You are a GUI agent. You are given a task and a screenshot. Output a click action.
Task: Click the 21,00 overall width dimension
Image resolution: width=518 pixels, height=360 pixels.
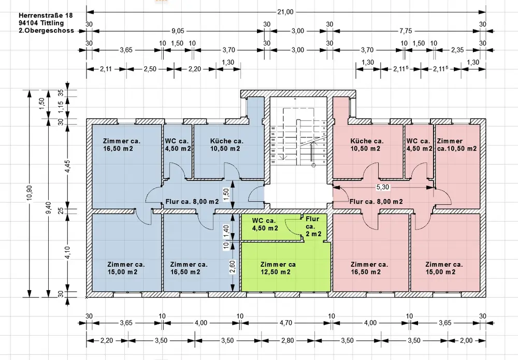(x=285, y=12)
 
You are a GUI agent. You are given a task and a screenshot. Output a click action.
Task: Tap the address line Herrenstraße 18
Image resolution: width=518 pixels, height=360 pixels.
(x=46, y=15)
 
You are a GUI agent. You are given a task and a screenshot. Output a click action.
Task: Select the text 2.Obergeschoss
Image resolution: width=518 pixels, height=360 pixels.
(x=46, y=31)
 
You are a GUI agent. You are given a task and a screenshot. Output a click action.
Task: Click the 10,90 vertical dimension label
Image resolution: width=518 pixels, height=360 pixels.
(x=30, y=193)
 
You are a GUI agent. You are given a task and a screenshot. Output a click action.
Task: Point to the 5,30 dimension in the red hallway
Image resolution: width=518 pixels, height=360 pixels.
(x=383, y=187)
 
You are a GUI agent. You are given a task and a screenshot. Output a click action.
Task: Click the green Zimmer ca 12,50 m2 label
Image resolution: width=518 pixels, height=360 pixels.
(x=278, y=268)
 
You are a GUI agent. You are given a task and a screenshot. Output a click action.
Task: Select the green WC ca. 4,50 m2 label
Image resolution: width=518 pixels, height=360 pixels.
(x=265, y=224)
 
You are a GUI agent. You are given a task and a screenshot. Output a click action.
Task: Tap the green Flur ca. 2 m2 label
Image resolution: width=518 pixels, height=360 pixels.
(x=313, y=226)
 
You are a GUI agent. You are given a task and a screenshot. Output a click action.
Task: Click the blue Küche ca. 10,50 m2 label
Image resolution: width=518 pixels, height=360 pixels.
(x=227, y=145)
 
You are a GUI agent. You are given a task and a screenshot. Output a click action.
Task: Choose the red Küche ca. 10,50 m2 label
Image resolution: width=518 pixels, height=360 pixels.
(x=367, y=145)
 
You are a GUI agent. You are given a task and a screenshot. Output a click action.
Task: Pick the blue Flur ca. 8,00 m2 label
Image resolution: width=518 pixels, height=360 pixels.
(x=192, y=201)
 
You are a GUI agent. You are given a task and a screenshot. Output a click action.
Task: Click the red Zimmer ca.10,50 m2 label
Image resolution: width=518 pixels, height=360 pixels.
(x=456, y=145)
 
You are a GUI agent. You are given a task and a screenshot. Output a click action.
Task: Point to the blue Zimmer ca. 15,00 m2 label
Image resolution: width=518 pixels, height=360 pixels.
(x=126, y=268)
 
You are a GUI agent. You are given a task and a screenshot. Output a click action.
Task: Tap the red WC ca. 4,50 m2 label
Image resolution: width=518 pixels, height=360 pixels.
(x=419, y=145)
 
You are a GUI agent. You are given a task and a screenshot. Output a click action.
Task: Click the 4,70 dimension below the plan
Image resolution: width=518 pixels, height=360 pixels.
(x=286, y=323)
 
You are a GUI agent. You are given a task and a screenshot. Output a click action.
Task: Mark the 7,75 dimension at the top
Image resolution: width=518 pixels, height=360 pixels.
(x=406, y=31)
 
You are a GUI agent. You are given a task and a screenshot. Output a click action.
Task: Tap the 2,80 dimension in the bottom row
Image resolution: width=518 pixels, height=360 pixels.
(x=287, y=340)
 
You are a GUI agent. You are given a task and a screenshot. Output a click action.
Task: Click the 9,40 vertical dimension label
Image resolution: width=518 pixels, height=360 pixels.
(x=48, y=207)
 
